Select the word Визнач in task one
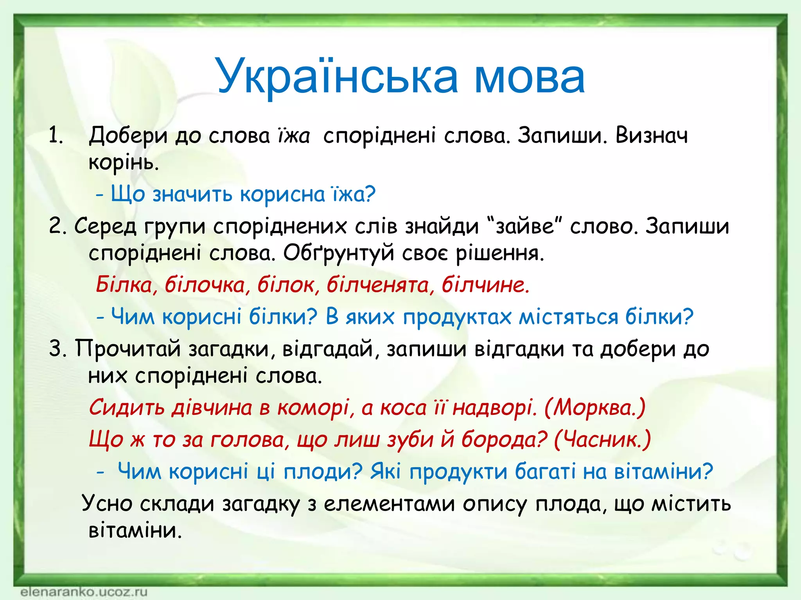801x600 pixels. [651, 136]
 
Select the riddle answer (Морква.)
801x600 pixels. [594, 408]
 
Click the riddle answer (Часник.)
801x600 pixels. [602, 439]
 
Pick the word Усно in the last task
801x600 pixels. [107, 504]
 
